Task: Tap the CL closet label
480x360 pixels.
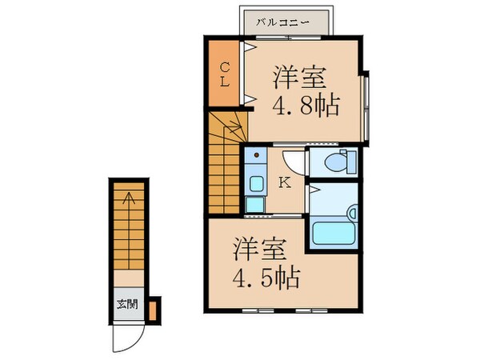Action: pos(226,76)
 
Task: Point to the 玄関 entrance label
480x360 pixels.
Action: pos(126,304)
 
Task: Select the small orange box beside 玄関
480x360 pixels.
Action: pos(153,308)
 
